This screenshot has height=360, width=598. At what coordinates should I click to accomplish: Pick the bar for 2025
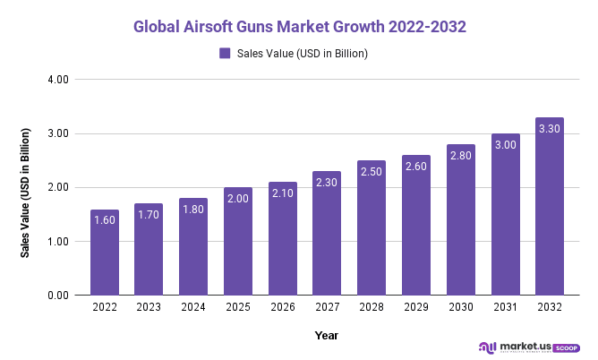coord(237,241)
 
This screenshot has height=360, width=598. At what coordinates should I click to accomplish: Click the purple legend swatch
coord(226,54)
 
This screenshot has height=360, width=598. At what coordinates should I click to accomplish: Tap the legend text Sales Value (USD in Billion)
coord(303,54)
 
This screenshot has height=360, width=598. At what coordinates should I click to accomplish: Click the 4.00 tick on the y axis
coord(57,80)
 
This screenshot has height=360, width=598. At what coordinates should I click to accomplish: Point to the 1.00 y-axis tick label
coord(57,241)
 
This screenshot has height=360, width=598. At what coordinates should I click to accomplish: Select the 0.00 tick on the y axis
coord(57,295)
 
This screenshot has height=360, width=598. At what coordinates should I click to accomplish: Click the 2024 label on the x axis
coord(193,307)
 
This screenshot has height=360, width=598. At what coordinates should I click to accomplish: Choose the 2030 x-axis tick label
coord(460,307)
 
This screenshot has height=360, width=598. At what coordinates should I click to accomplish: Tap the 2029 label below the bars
coord(415,307)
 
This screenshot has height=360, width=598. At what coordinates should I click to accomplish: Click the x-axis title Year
coord(326,335)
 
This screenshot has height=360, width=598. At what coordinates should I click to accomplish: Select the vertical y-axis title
coord(26,193)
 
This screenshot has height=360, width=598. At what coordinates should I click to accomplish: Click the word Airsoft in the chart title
coord(214,27)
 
